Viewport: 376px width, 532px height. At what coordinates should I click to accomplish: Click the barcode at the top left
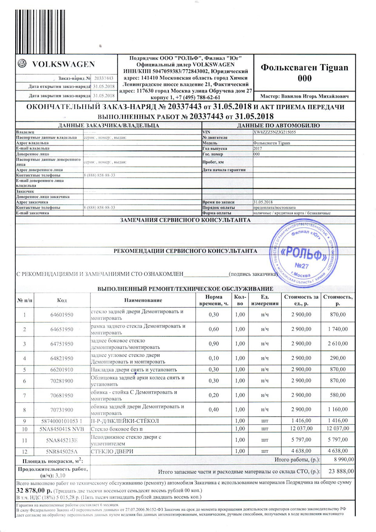[40, 31]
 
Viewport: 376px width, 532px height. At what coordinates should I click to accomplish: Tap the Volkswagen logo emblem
[22, 63]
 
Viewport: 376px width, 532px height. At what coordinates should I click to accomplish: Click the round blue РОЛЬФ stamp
[304, 254]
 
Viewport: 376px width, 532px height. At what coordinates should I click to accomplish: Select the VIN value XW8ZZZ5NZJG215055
[275, 132]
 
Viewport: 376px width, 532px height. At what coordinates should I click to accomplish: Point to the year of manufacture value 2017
[258, 148]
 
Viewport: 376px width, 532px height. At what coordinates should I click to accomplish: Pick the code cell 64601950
[62, 315]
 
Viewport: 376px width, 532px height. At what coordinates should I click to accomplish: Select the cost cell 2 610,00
[338, 344]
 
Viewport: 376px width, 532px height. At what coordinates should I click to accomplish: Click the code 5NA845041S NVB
[62, 429]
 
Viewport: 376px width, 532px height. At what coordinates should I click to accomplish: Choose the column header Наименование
[143, 300]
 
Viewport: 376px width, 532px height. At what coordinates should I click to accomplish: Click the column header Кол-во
[240, 300]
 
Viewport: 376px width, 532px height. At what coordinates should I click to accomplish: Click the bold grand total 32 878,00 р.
[34, 490]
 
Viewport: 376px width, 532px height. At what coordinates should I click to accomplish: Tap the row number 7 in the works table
[24, 395]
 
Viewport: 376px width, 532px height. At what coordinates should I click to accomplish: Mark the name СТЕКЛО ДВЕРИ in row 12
[112, 451]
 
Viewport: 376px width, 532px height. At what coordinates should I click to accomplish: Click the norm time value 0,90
[214, 344]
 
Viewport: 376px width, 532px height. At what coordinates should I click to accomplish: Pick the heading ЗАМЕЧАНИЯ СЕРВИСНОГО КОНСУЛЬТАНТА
[185, 220]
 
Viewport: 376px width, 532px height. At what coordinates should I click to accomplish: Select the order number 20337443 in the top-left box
[104, 78]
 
